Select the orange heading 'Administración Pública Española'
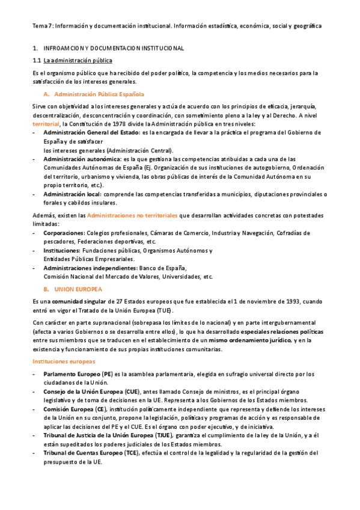[x=99, y=94]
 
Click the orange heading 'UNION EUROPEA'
[x=78, y=289]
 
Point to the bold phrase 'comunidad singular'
[x=78, y=301]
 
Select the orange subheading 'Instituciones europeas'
[x=64, y=361]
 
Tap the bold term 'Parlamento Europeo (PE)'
[x=78, y=374]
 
